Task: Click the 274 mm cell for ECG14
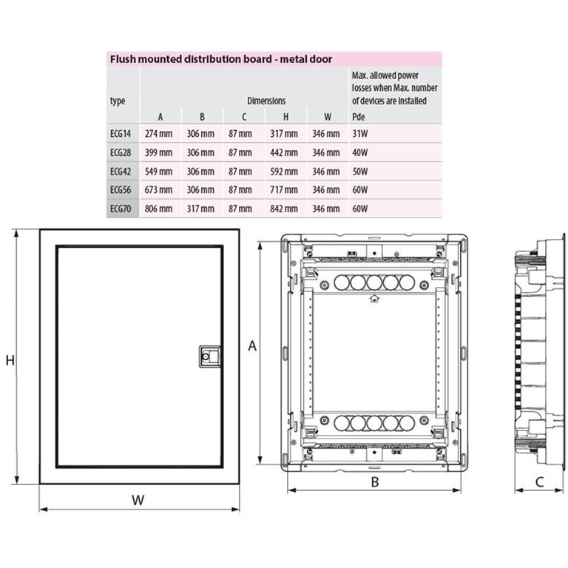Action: coord(158,134)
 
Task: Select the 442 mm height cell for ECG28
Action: coord(284,152)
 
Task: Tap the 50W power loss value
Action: coord(360,172)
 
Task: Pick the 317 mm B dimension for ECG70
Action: coord(200,209)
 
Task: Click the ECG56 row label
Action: coord(121,190)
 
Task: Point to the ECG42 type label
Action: coord(121,172)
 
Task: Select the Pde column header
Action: coord(358,117)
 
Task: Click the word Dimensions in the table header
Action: coord(266,101)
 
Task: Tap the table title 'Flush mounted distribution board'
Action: coord(191,59)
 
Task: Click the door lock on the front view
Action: coord(210,356)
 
